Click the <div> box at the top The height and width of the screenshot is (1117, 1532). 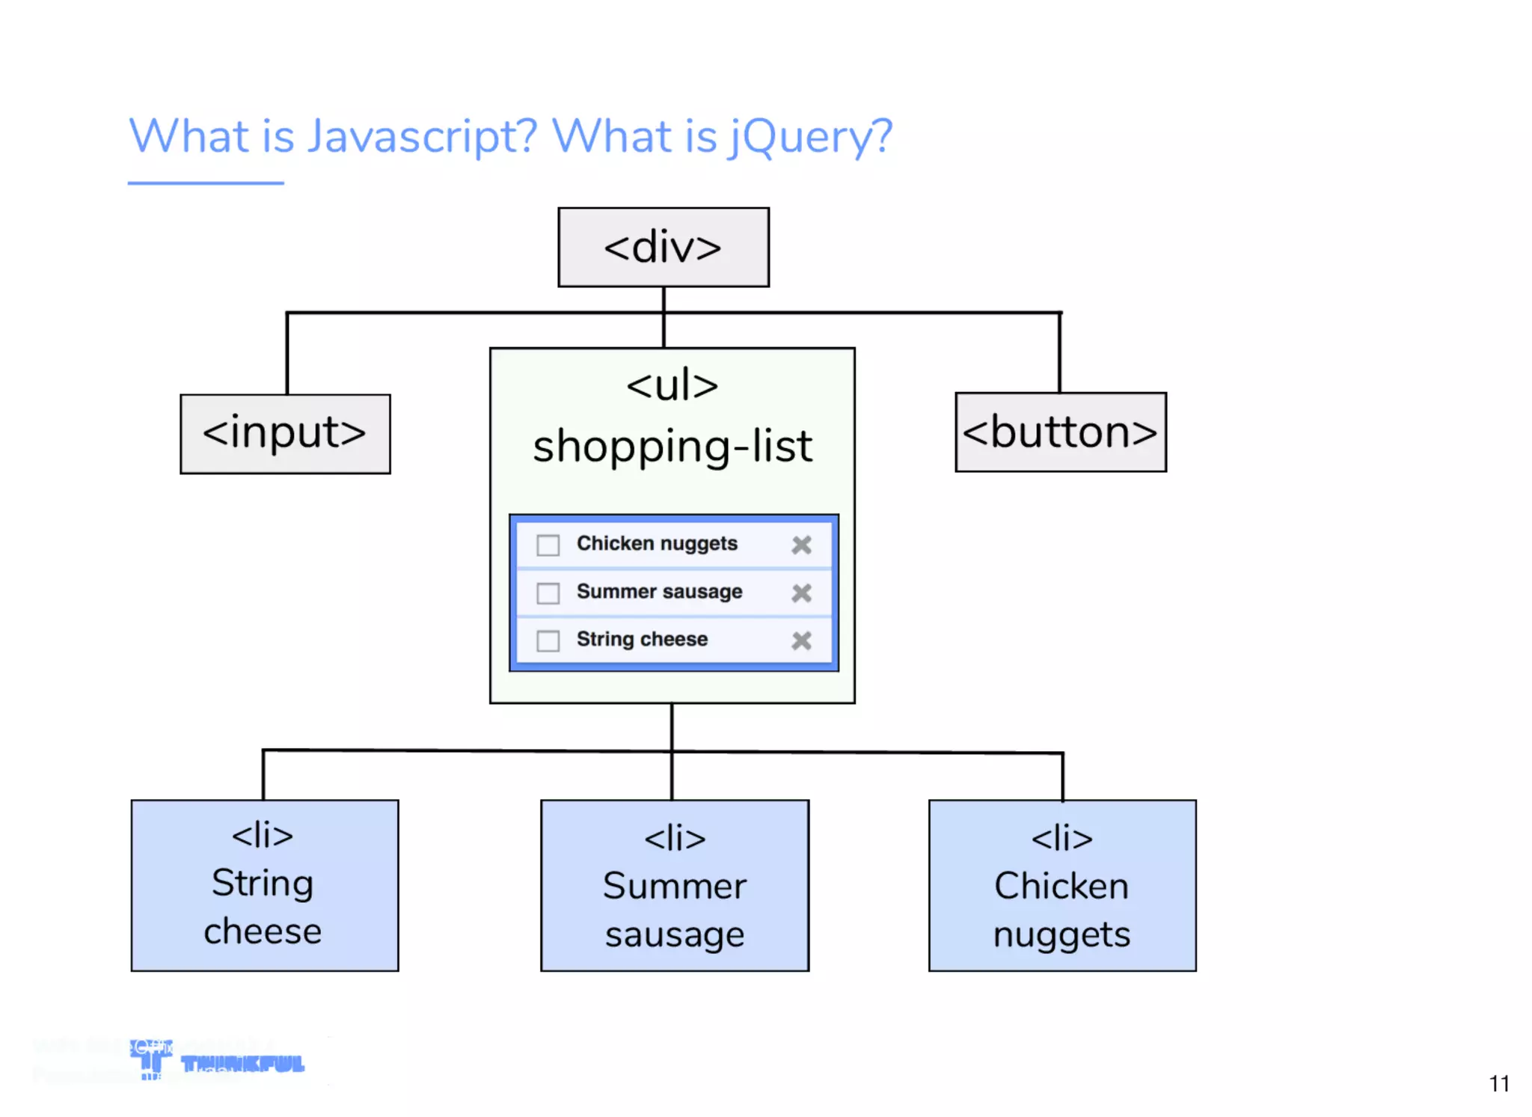[663, 247]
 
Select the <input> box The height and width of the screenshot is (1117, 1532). [285, 434]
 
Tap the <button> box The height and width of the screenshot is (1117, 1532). [1060, 432]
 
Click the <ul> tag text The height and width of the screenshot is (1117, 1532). [672, 386]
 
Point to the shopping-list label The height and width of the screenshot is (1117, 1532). [672, 447]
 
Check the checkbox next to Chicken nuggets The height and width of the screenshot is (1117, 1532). [548, 545]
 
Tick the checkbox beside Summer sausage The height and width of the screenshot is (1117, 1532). [548, 593]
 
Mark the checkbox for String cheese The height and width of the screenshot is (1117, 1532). [548, 640]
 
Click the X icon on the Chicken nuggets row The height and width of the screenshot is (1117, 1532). [801, 545]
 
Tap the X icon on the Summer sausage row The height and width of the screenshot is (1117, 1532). [801, 593]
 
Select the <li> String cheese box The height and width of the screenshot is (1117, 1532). [264, 885]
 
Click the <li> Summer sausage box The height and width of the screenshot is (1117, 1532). [674, 885]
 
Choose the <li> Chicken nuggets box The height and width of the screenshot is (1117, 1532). [1061, 885]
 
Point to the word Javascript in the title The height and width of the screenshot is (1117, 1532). [422, 137]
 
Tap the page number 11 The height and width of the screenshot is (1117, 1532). [1498, 1083]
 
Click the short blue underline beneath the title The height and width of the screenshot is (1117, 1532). [206, 183]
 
